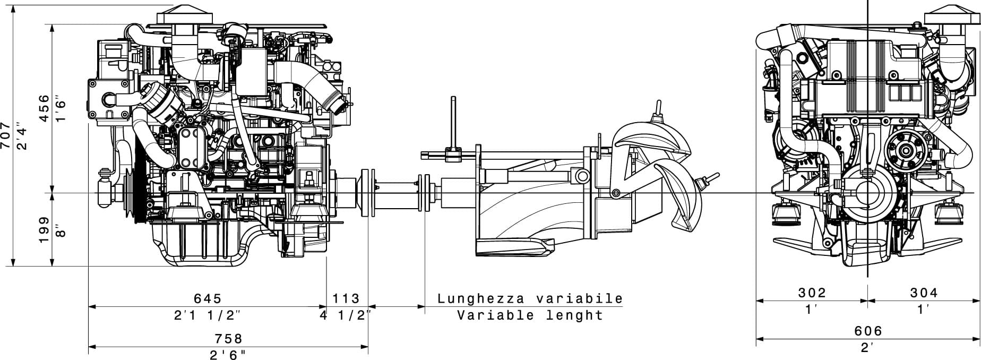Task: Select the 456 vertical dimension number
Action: pyautogui.click(x=45, y=108)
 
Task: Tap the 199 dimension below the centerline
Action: pyautogui.click(x=45, y=229)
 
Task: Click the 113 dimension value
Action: pyautogui.click(x=346, y=299)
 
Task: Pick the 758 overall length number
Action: pyautogui.click(x=228, y=339)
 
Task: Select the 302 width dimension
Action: pyautogui.click(x=812, y=293)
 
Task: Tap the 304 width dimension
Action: pyautogui.click(x=924, y=293)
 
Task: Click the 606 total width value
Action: pyautogui.click(x=868, y=331)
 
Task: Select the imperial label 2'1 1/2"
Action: pyautogui.click(x=208, y=315)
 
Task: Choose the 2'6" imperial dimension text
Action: pyautogui.click(x=228, y=355)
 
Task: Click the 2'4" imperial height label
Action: pyautogui.click(x=21, y=136)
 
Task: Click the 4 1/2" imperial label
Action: pyautogui.click(x=346, y=315)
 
